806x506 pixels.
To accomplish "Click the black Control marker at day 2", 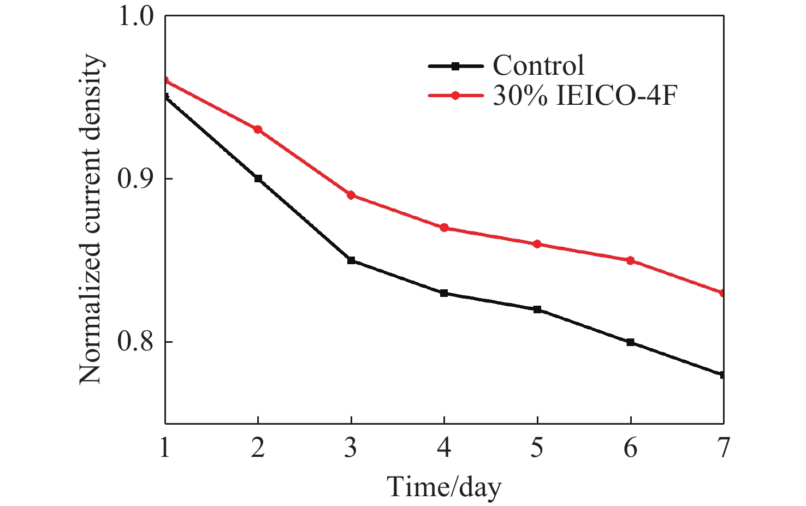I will point(258,178).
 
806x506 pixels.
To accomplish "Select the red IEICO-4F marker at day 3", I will point(351,195).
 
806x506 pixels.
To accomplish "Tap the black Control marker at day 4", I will point(444,293).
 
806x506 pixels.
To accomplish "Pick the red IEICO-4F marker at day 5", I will point(537,244).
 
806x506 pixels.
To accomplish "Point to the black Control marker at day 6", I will point(631,342).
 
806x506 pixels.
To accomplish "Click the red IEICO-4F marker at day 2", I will point(258,129).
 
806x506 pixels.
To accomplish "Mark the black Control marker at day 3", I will point(351,260).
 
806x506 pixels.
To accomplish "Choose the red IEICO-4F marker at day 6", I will point(631,260).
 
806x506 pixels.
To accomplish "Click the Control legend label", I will point(538,66).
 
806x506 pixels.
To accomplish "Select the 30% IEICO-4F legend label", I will point(585,96).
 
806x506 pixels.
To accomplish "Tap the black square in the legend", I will point(455,66).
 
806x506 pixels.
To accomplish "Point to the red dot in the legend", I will point(455,96).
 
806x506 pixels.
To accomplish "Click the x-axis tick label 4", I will point(444,448).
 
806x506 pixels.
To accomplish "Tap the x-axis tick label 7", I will point(724,448).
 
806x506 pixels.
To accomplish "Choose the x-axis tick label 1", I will point(164,448).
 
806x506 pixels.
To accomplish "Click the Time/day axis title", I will point(444,486).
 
